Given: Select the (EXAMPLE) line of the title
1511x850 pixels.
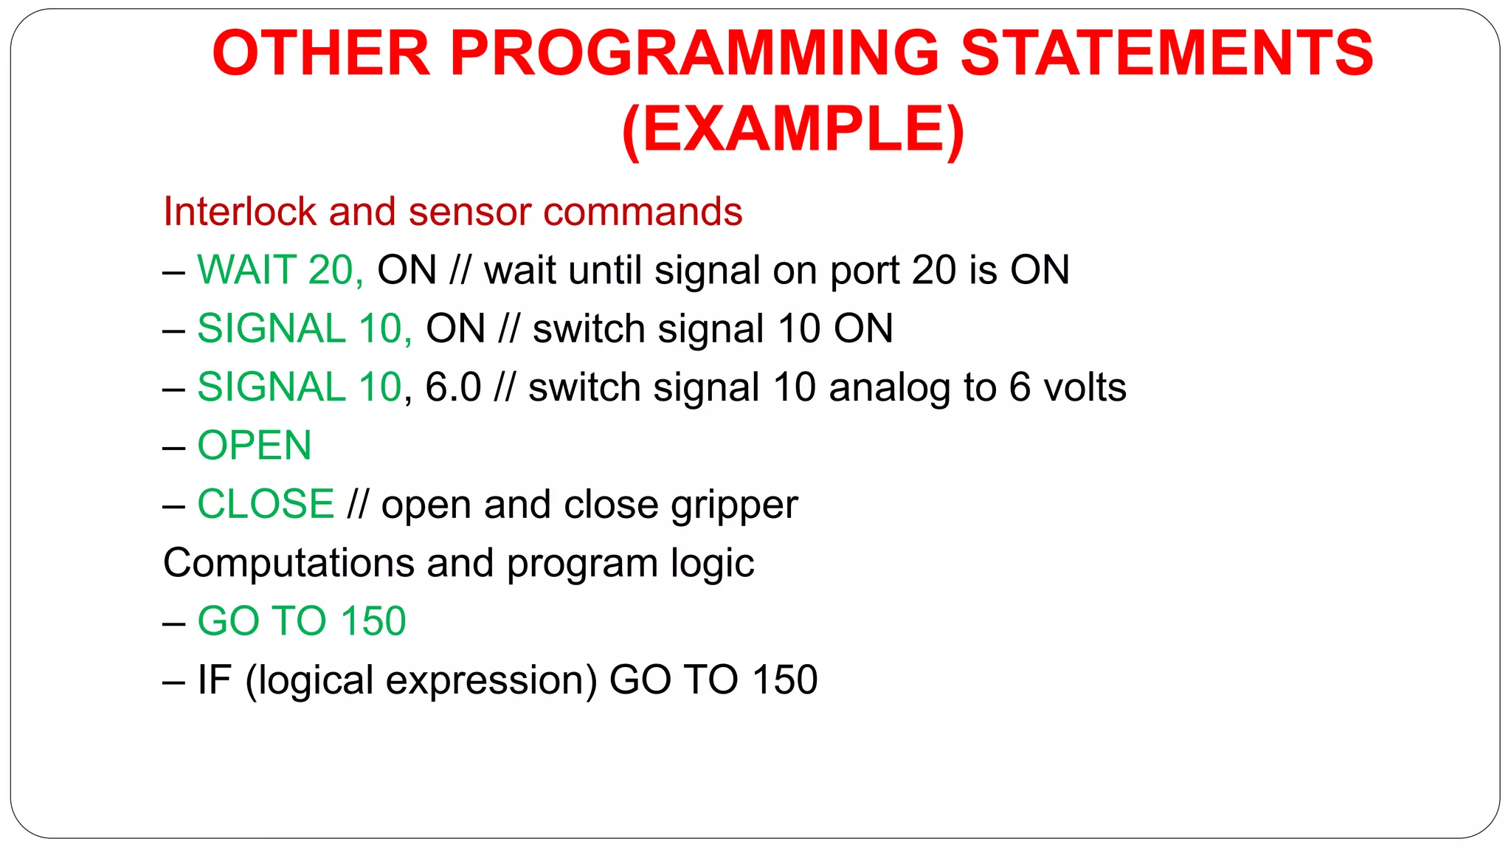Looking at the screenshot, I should [x=793, y=130].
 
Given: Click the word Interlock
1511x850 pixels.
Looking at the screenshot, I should [x=240, y=212].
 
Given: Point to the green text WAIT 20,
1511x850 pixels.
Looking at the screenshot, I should [x=280, y=270].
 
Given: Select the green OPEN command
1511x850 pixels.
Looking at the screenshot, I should [x=255, y=446].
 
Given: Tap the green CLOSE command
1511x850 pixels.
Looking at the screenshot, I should [x=266, y=504].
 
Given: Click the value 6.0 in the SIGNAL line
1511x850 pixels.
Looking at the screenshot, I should [x=453, y=387].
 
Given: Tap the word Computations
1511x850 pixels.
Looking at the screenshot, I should [x=288, y=563].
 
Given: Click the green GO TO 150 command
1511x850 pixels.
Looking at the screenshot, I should [x=301, y=621].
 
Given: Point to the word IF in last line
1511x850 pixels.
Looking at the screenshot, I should [x=214, y=680].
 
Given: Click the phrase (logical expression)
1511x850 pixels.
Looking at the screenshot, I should [x=421, y=680].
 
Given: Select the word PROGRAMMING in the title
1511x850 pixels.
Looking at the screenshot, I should [x=694, y=53].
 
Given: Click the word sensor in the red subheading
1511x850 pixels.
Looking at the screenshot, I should [x=468, y=212].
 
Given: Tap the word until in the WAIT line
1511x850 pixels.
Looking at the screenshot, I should [x=604, y=270].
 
